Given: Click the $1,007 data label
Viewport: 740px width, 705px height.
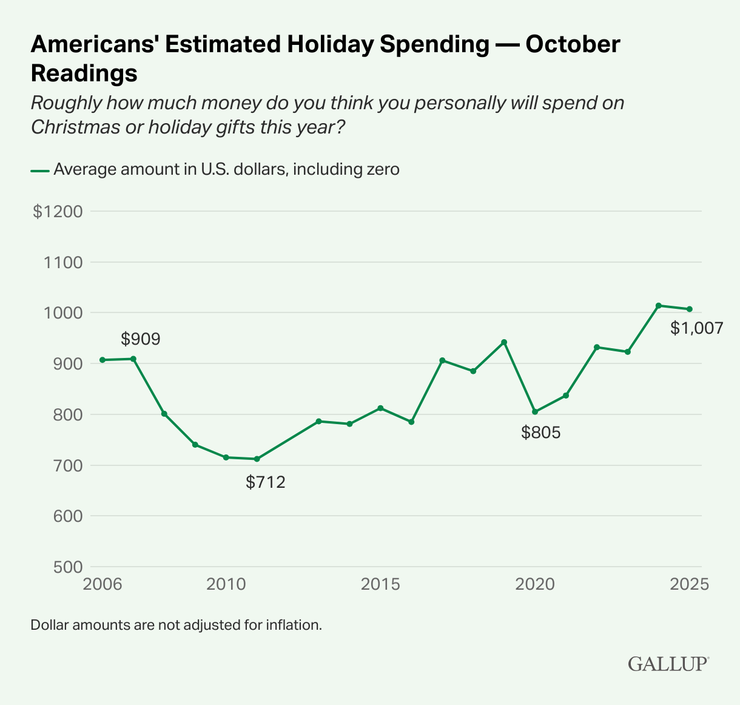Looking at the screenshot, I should (696, 328).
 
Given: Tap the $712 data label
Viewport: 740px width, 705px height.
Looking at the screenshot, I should (265, 482).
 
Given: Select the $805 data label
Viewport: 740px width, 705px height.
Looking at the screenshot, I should (541, 433).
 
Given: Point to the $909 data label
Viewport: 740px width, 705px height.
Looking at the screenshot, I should (140, 339).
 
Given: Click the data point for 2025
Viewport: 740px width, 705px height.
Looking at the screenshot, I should (690, 309).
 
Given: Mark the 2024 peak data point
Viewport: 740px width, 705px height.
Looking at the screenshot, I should (659, 305).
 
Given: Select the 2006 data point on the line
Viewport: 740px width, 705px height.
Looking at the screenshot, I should (103, 360).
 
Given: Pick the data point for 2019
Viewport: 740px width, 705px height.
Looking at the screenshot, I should (504, 342).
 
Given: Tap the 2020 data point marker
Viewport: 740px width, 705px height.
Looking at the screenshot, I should (535, 412).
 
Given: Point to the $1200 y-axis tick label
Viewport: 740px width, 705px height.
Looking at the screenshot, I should (57, 212).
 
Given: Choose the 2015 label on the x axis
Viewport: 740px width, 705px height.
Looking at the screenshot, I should (380, 584).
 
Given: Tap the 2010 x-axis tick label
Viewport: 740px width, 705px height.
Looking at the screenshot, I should (226, 584).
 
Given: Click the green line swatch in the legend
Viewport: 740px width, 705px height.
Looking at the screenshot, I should (39, 170).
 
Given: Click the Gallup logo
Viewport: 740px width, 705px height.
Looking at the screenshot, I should (668, 663).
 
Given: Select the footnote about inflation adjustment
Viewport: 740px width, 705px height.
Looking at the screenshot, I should (176, 624).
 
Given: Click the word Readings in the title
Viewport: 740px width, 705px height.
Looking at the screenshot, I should (84, 73).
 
